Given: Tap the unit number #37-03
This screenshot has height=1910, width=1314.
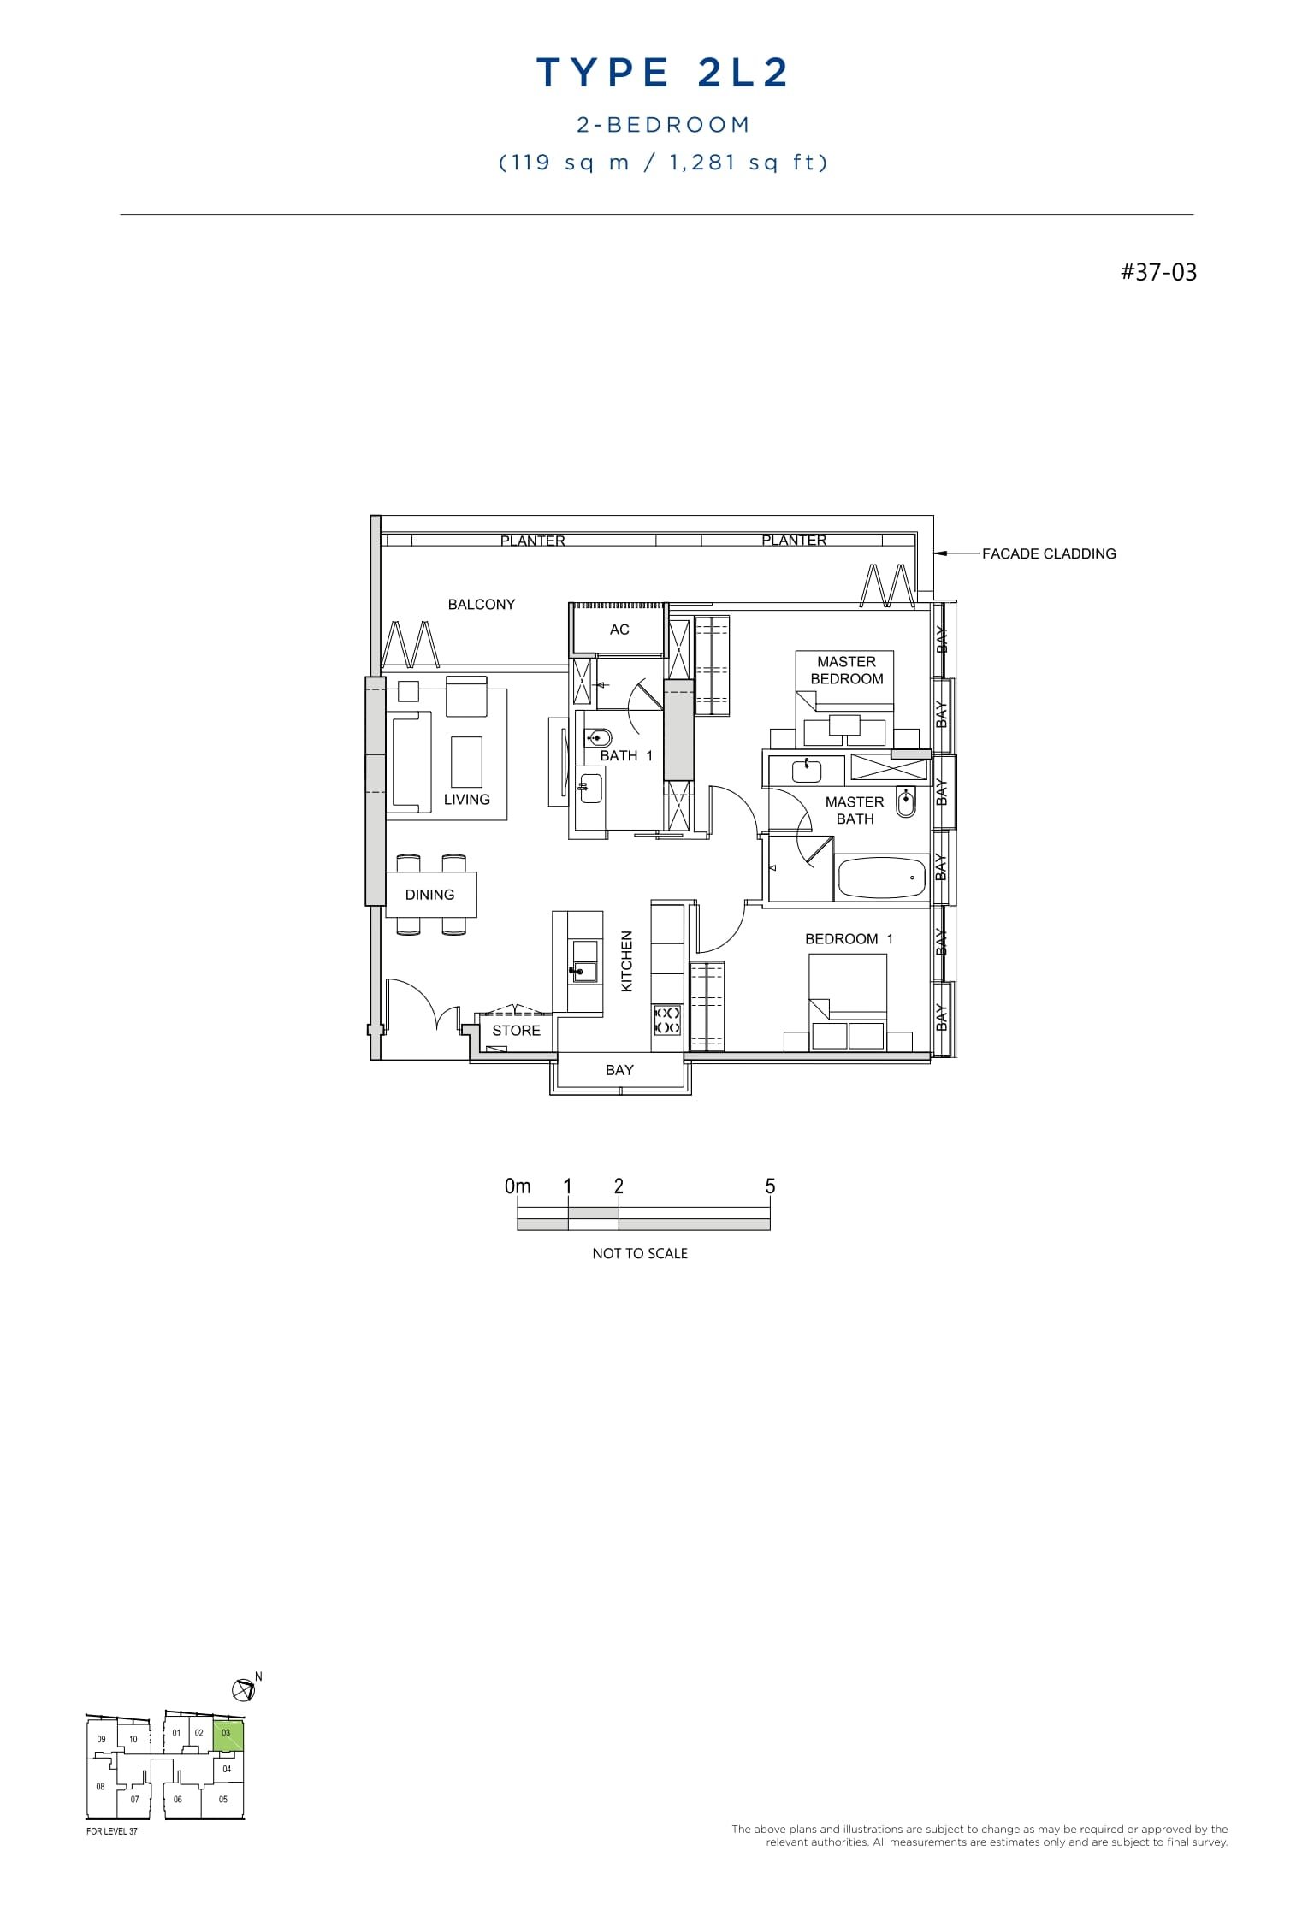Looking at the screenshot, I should tap(1158, 273).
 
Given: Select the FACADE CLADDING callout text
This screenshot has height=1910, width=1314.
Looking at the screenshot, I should tap(1048, 554).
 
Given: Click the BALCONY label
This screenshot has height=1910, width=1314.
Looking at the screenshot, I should tap(482, 605).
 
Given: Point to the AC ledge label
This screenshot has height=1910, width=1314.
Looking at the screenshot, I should tap(619, 630).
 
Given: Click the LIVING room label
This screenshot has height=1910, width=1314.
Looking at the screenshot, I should tap(467, 800).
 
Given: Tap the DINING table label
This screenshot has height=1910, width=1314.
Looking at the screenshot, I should tap(429, 895).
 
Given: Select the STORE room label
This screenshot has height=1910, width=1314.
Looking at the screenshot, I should tap(516, 1031).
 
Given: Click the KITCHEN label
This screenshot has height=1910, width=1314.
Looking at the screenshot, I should tap(627, 961).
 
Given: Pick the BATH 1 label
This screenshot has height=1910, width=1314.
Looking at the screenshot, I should tap(626, 756).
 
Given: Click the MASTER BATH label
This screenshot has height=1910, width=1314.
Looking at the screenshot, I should tap(855, 810).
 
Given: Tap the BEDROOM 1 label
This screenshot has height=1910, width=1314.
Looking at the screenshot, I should tap(849, 939).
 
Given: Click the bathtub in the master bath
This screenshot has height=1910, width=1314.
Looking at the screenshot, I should tap(882, 878).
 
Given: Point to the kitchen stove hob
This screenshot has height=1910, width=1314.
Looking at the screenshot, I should tap(667, 1020).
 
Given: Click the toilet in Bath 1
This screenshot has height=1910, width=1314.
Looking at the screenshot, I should tap(599, 737).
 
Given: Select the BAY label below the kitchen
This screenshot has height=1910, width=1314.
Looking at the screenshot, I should tap(619, 1070).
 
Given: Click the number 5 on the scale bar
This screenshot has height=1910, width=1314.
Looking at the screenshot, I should tap(770, 1186).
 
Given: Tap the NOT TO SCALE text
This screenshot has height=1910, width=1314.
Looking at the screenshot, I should tap(640, 1254).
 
